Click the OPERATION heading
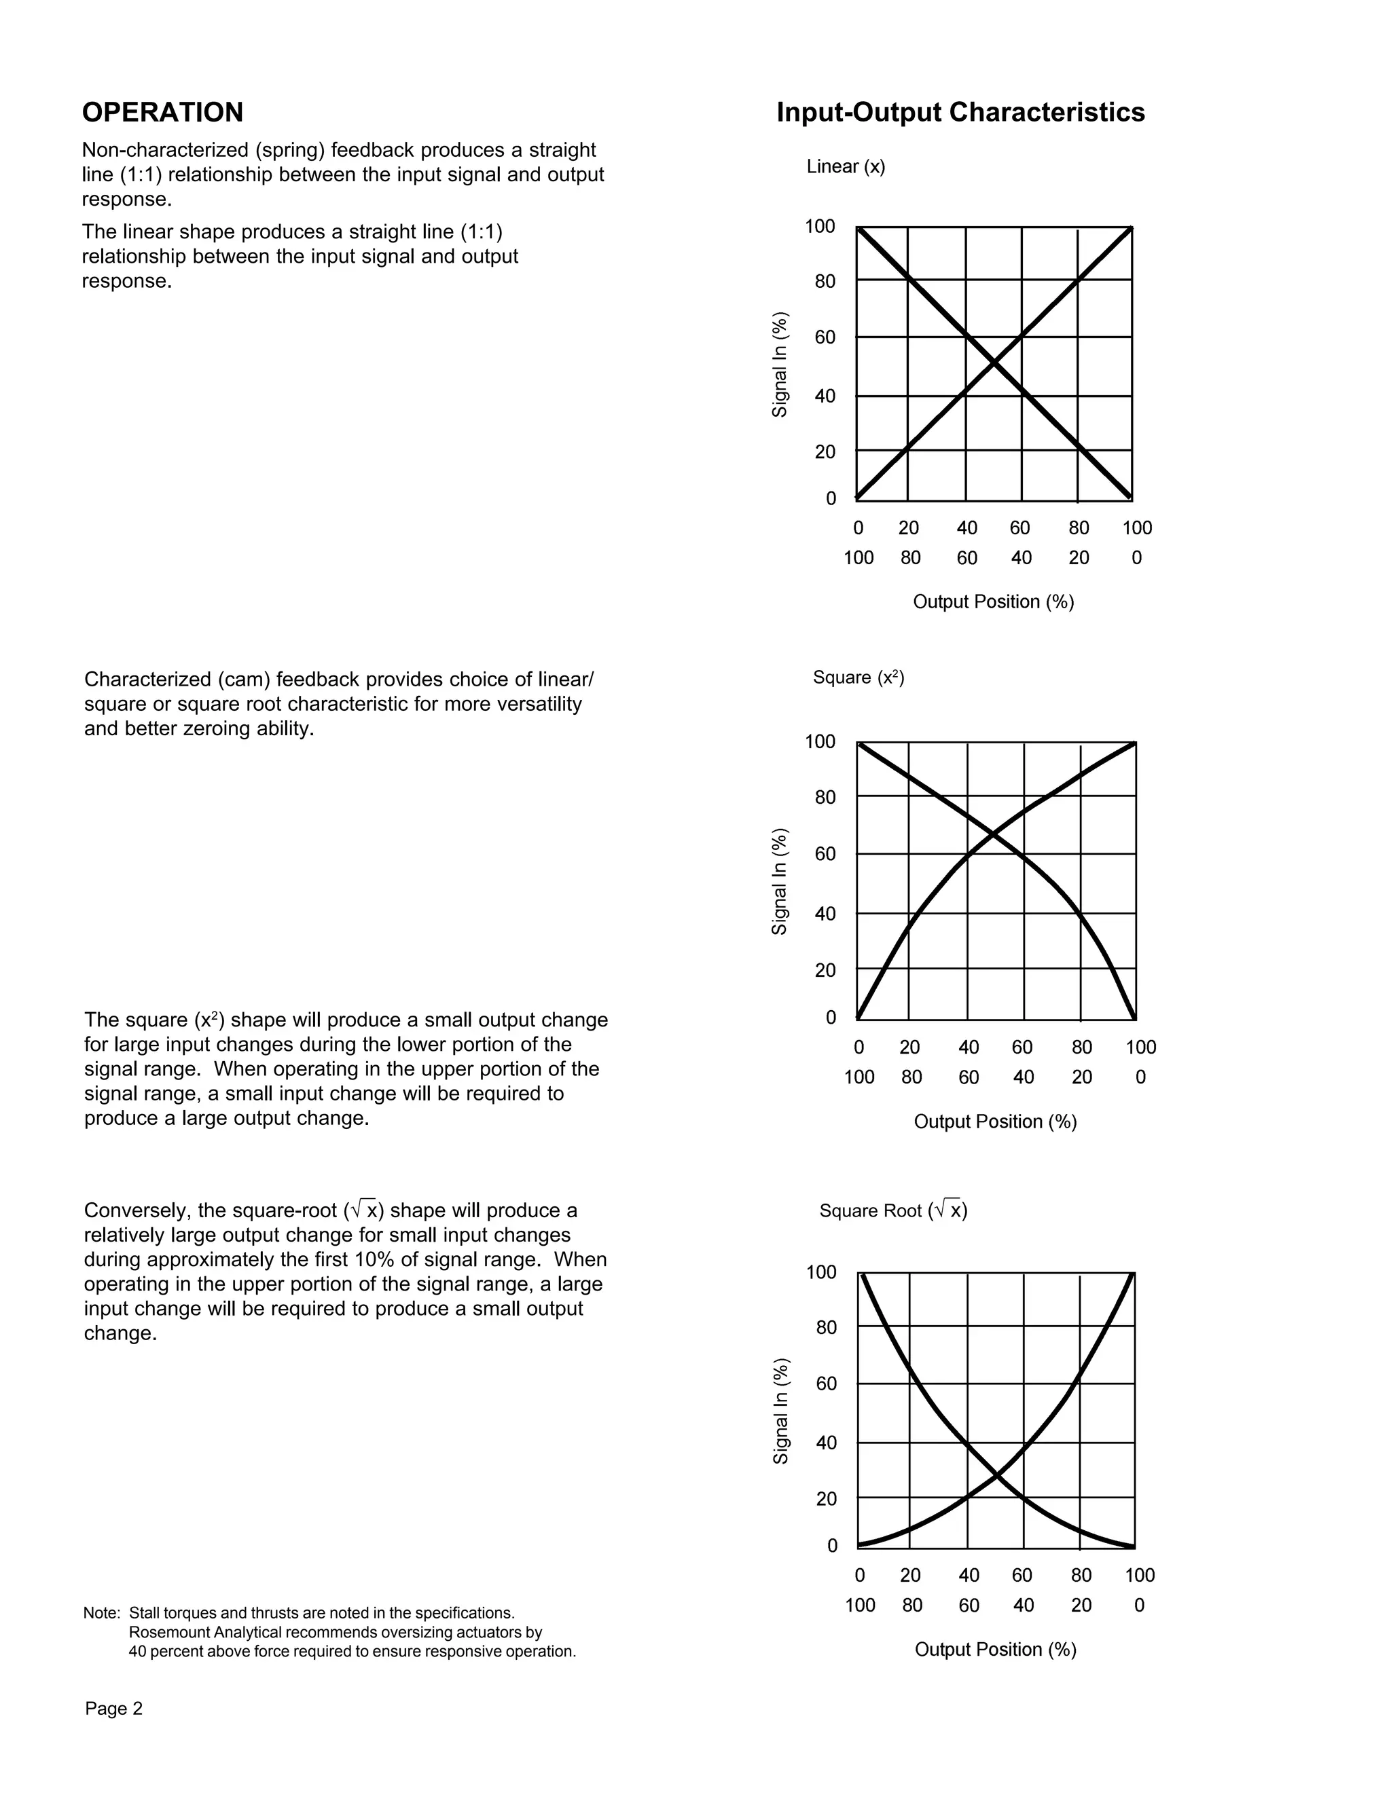point(162,113)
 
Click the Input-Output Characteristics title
point(960,113)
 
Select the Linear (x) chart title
point(846,166)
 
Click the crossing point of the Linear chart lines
point(994,363)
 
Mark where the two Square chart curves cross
point(994,835)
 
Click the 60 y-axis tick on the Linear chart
point(825,337)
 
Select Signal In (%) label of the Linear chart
point(780,364)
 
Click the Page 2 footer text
point(113,1709)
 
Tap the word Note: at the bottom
point(101,1613)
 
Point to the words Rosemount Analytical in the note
point(204,1633)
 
